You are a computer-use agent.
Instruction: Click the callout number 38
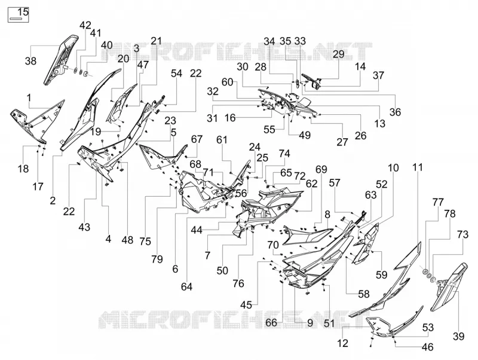[x=30, y=61]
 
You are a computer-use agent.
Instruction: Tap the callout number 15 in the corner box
[x=23, y=12]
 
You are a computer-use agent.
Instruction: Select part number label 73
[x=462, y=234]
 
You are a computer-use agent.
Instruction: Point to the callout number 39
[x=458, y=336]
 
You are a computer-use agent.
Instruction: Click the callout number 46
[x=427, y=347]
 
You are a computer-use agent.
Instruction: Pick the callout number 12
[x=343, y=343]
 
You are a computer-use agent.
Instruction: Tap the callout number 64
[x=186, y=287]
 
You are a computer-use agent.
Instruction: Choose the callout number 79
[x=157, y=260]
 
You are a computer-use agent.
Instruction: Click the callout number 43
[x=84, y=227]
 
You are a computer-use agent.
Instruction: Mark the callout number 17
[x=38, y=187]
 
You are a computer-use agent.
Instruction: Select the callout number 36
[x=395, y=112]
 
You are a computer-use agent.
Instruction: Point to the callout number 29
[x=338, y=54]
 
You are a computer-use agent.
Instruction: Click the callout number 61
[x=222, y=140]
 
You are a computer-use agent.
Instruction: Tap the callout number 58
[x=364, y=294]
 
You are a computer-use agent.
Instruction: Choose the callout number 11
[x=418, y=167]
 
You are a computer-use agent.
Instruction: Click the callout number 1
[x=29, y=98]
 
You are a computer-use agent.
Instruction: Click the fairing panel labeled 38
[x=61, y=60]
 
